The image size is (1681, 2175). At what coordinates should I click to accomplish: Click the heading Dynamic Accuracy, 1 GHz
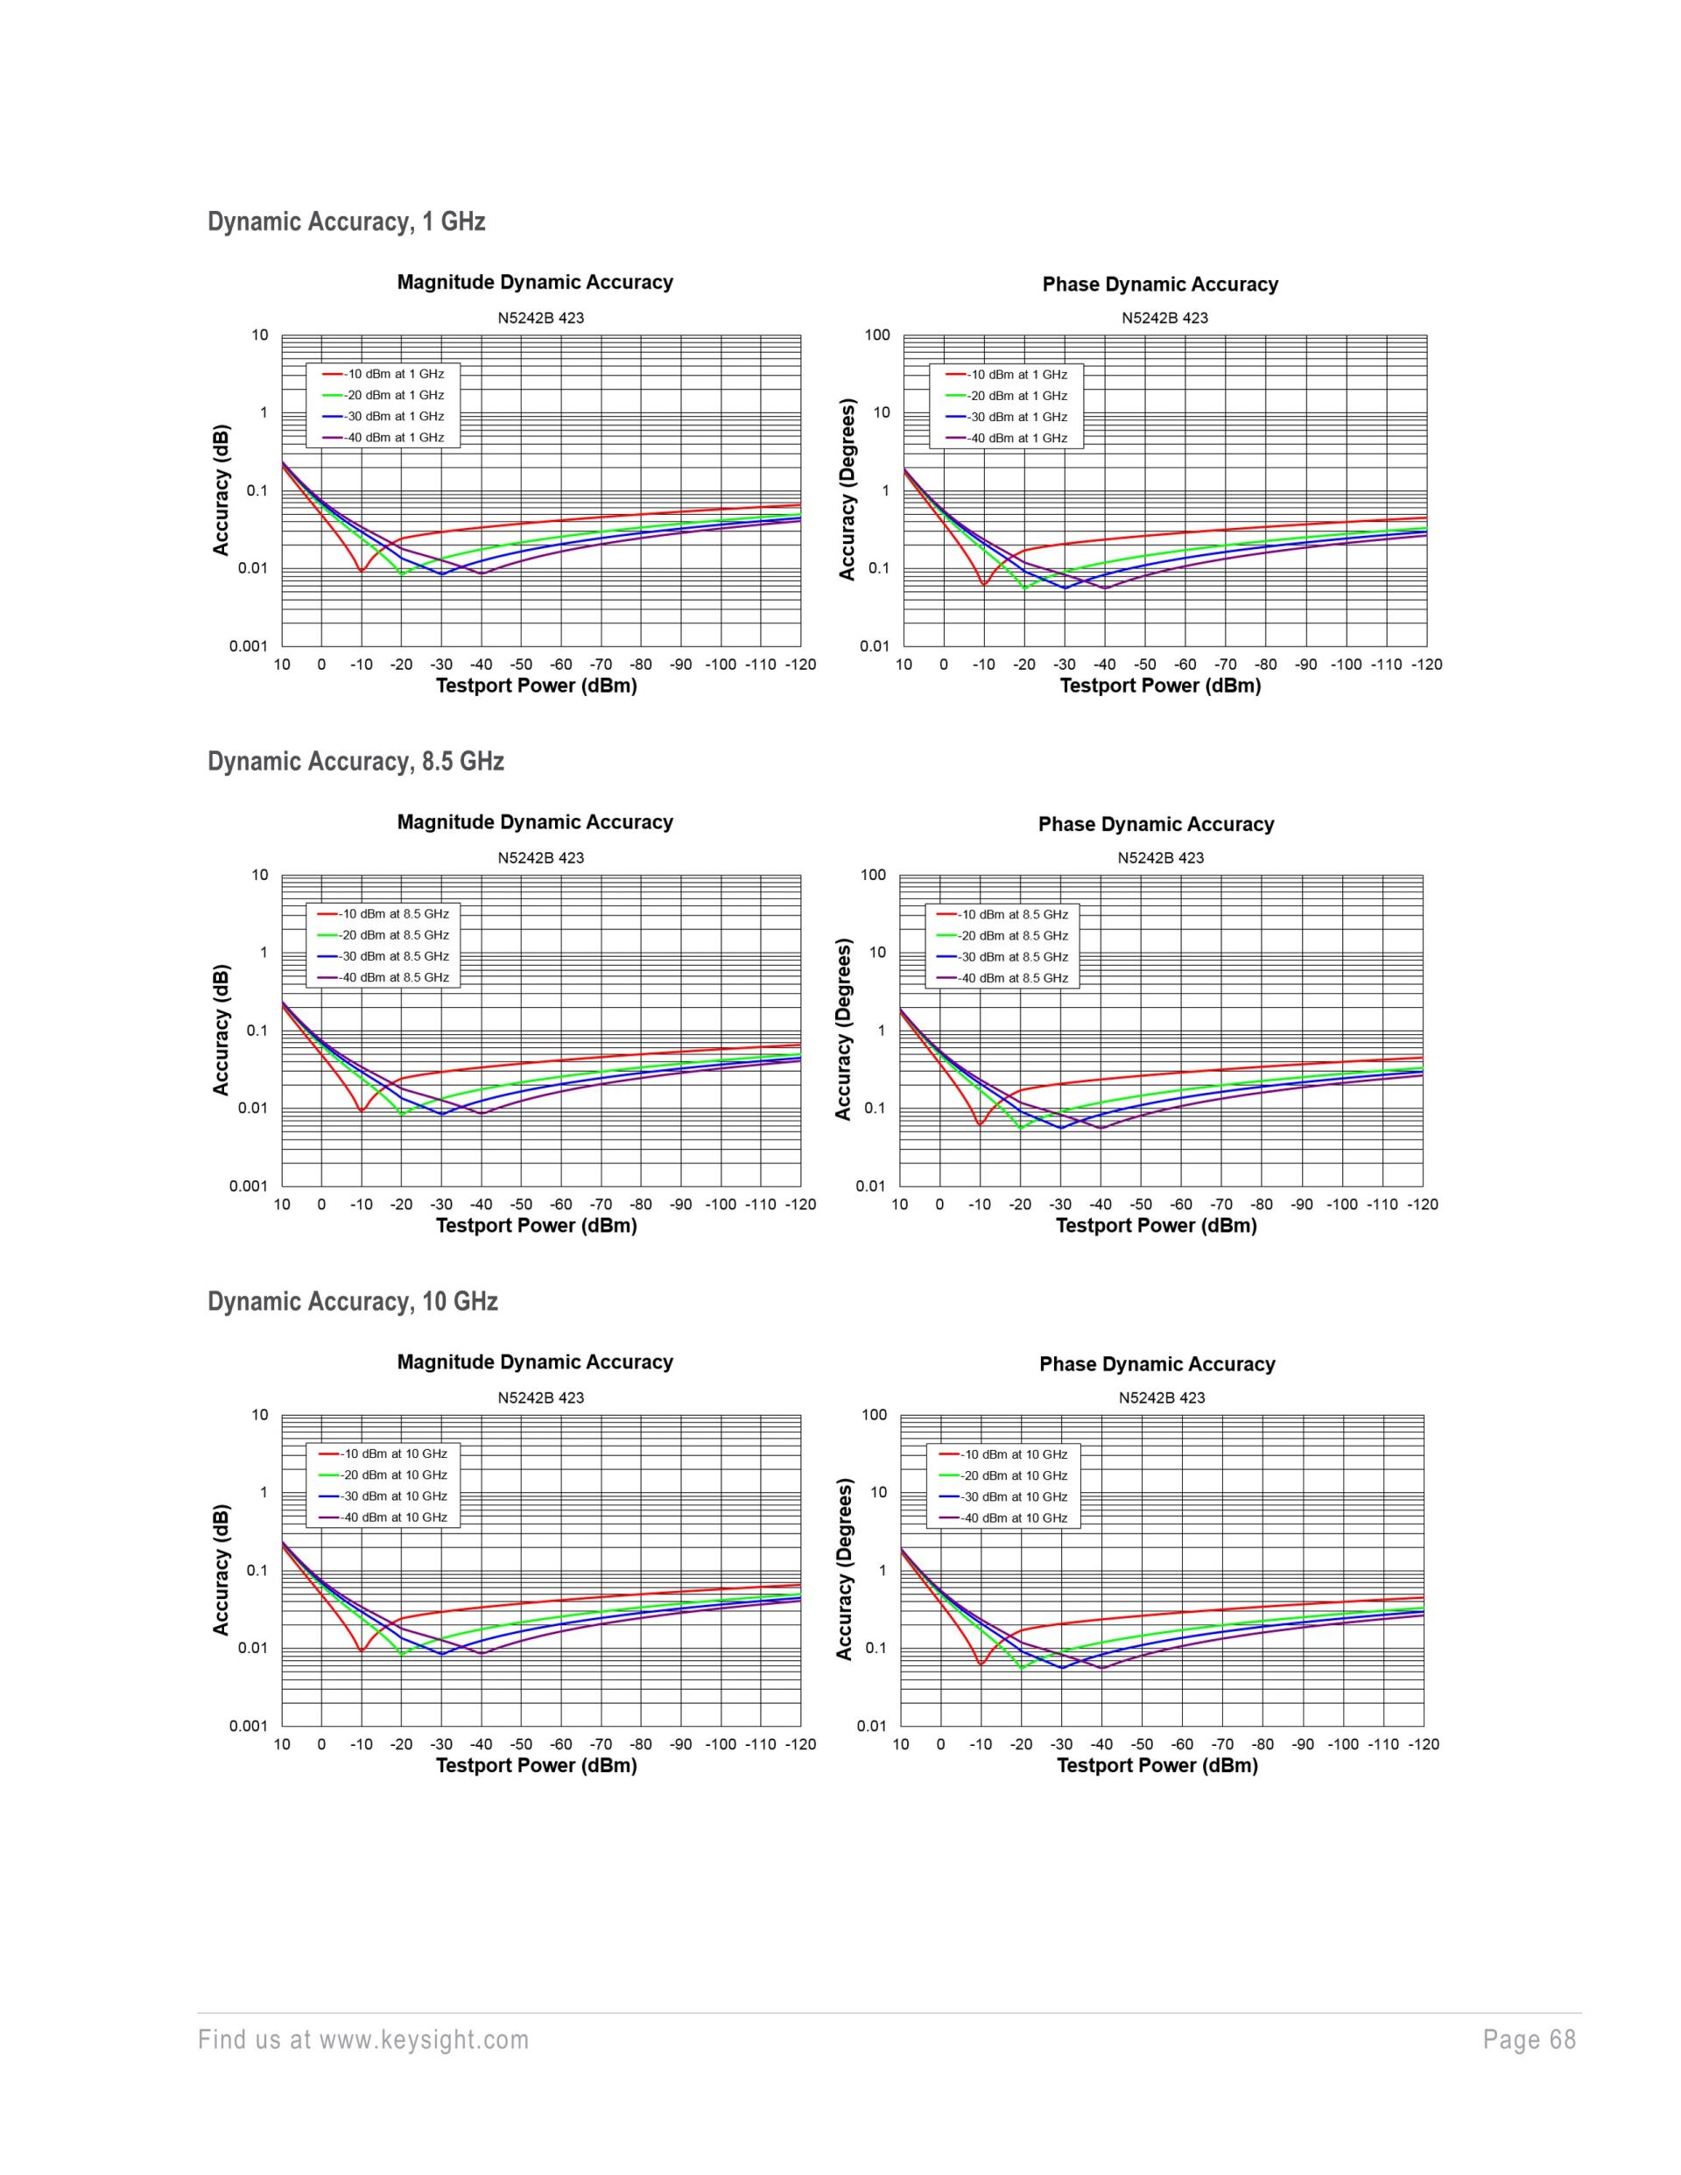coord(346,221)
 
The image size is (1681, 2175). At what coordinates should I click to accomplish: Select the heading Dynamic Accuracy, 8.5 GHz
coord(355,761)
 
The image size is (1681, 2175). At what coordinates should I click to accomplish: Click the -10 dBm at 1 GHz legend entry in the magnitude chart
coord(393,375)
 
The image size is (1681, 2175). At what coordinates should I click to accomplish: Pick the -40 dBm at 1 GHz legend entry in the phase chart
coord(1016,438)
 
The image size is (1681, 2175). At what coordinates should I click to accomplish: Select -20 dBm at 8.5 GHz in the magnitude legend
coord(393,935)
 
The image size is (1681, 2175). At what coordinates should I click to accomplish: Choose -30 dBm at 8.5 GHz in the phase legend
coord(1013,957)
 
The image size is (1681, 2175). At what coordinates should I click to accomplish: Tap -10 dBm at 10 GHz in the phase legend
coord(1013,1455)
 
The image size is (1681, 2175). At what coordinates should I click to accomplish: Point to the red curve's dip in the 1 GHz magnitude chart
coord(362,571)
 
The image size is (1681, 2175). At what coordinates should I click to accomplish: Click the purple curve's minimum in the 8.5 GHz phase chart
coord(1101,1129)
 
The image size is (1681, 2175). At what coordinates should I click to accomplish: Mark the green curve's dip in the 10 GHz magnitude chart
coord(401,1654)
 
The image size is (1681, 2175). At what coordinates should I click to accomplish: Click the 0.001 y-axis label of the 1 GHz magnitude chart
coord(249,646)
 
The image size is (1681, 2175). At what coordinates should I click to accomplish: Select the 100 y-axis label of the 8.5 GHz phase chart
coord(874,876)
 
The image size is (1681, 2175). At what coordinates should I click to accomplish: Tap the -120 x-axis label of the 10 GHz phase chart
coord(1423,1744)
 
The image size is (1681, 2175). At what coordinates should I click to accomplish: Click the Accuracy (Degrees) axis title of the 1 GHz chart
coord(848,490)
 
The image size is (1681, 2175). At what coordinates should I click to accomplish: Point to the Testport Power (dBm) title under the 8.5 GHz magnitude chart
coord(537,1225)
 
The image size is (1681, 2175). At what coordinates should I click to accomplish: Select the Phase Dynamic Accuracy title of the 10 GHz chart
coord(1157,1364)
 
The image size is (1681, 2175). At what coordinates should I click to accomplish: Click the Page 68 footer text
coord(1530,2039)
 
